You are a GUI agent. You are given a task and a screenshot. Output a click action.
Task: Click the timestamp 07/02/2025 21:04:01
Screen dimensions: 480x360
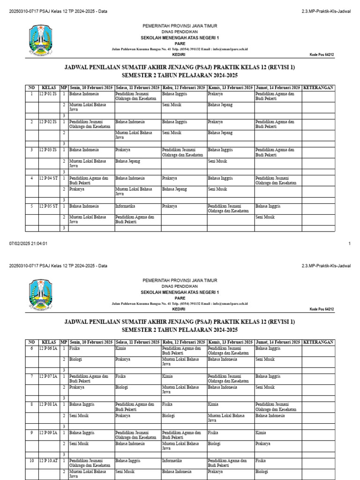(28, 244)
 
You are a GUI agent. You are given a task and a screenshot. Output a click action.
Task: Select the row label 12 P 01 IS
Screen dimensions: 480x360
(47, 94)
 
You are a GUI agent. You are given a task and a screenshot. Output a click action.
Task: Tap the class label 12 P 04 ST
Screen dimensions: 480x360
(48, 178)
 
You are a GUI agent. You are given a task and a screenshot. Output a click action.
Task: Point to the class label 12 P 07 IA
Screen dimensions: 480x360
(48, 376)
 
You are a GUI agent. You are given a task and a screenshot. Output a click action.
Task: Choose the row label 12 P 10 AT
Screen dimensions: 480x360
(48, 461)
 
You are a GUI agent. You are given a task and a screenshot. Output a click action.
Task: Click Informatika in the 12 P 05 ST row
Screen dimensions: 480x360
(125, 206)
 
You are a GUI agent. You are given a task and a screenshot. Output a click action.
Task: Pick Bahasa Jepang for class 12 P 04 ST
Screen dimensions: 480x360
(174, 189)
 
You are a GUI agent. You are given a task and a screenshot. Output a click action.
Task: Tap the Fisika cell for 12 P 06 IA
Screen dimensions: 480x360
(74, 348)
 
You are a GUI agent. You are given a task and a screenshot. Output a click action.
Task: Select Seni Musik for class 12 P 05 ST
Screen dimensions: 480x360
(265, 217)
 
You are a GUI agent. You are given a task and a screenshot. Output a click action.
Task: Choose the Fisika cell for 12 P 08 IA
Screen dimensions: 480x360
(167, 405)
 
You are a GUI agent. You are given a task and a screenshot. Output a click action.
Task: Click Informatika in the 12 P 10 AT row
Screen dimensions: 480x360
(172, 461)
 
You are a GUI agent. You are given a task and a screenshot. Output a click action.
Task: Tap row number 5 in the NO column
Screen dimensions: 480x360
(31, 206)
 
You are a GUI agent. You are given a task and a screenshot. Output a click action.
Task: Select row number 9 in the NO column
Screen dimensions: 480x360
(31, 433)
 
